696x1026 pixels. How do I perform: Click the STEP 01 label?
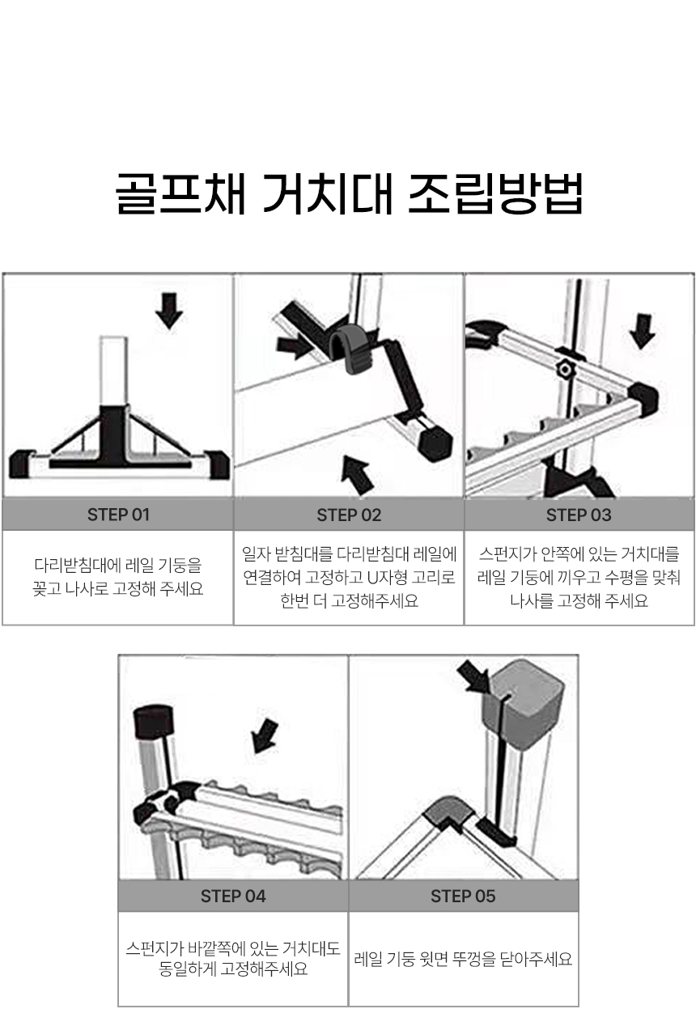(x=118, y=515)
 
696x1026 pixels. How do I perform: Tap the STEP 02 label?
(x=349, y=515)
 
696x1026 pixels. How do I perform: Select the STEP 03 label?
(x=579, y=515)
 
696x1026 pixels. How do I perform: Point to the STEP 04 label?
(x=233, y=897)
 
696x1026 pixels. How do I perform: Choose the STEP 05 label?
(x=463, y=897)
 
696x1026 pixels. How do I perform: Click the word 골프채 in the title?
(x=180, y=193)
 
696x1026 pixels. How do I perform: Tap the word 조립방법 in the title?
(x=494, y=193)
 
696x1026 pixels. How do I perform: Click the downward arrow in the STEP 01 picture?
(x=169, y=311)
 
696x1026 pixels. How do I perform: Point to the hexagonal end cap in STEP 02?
(x=435, y=442)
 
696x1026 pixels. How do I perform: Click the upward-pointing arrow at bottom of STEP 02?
(x=358, y=476)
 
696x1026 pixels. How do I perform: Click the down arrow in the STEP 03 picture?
(x=642, y=331)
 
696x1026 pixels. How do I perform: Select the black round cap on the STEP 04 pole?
(x=153, y=721)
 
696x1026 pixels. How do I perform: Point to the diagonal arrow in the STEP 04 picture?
(x=265, y=736)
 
